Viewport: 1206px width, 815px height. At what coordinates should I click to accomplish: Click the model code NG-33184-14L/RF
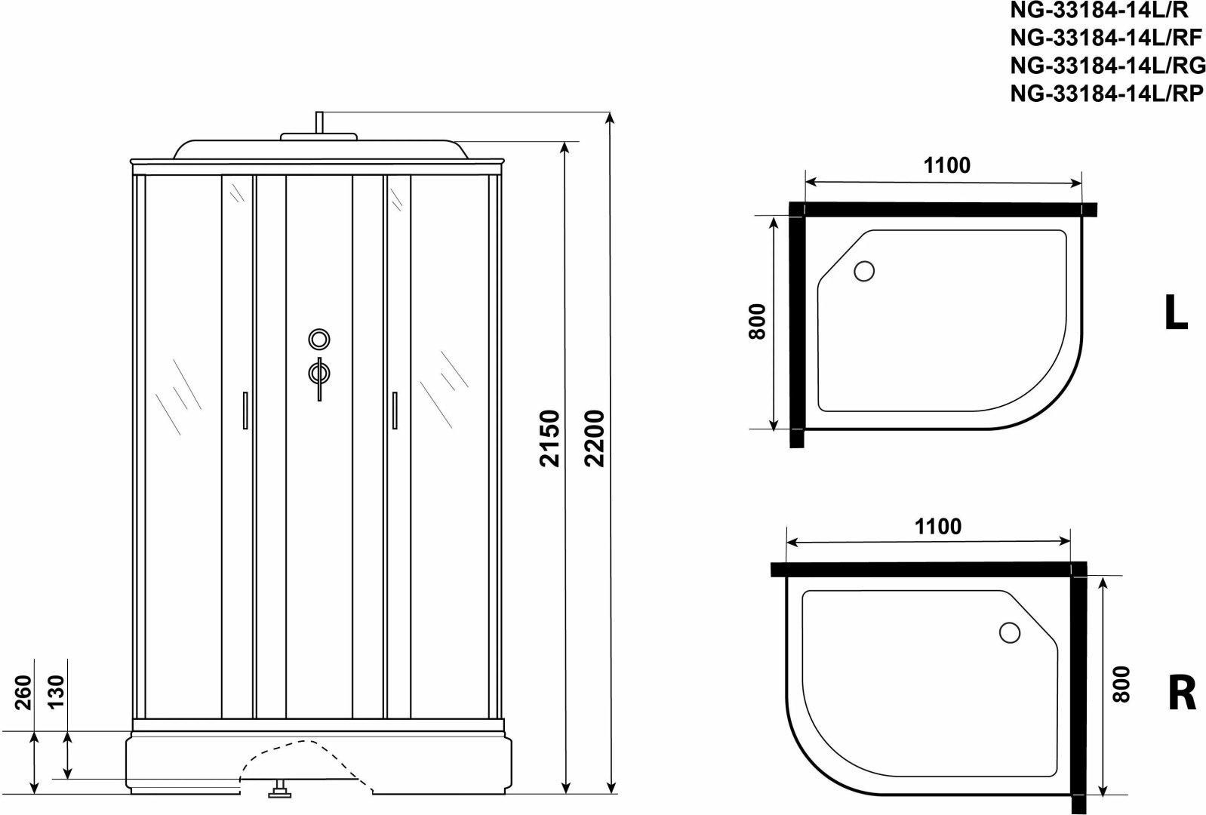pyautogui.click(x=1106, y=38)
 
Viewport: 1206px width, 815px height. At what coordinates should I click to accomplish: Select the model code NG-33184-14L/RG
pyautogui.click(x=1107, y=66)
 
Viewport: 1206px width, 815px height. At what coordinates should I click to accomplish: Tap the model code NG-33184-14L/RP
pyautogui.click(x=1106, y=94)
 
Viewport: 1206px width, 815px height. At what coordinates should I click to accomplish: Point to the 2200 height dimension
pyautogui.click(x=595, y=438)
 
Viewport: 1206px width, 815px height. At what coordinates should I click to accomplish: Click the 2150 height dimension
pyautogui.click(x=550, y=438)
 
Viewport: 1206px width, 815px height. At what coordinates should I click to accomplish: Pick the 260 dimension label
pyautogui.click(x=23, y=692)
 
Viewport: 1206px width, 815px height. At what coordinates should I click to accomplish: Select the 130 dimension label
pyautogui.click(x=56, y=692)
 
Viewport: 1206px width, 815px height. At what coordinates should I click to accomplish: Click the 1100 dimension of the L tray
pyautogui.click(x=947, y=165)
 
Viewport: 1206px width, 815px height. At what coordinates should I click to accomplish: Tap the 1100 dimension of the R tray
pyautogui.click(x=938, y=527)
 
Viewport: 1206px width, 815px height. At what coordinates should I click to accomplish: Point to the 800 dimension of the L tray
pyautogui.click(x=757, y=321)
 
